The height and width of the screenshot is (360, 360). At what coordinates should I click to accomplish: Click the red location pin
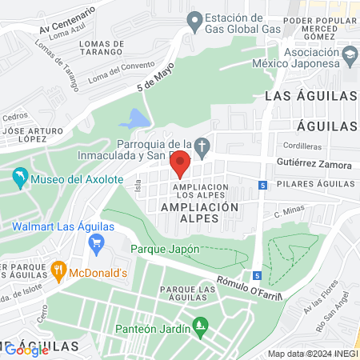pyautogui.click(x=180, y=163)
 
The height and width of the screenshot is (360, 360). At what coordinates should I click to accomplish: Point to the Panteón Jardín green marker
pyautogui.click(x=199, y=326)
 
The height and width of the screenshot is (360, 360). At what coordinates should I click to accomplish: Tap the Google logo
pyautogui.click(x=26, y=349)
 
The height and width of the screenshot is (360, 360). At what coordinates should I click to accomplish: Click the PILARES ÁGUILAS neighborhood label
pyautogui.click(x=314, y=184)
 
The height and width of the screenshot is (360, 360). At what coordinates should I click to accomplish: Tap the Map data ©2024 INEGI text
pyautogui.click(x=312, y=353)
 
